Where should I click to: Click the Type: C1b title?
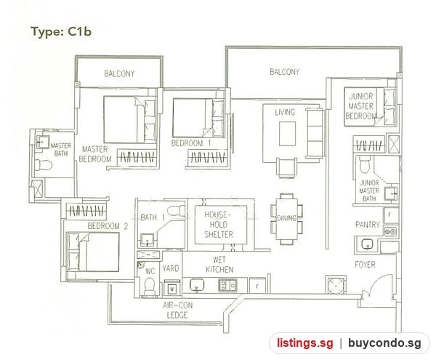pyautogui.click(x=61, y=31)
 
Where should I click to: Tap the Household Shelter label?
pyautogui.click(x=219, y=225)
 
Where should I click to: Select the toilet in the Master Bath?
pyautogui.click(x=44, y=164)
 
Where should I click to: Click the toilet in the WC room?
pyautogui.click(x=150, y=286)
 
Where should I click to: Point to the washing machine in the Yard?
pyautogui.click(x=171, y=288)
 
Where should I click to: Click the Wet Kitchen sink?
pyautogui.click(x=197, y=285)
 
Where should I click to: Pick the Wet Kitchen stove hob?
pyautogui.click(x=227, y=285)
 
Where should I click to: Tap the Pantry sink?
pyautogui.click(x=368, y=244)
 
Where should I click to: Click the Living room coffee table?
pyautogui.click(x=288, y=134)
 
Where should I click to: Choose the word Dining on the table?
pyautogui.click(x=286, y=218)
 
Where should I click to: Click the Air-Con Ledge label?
pyautogui.click(x=177, y=311)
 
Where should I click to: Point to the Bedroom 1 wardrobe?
pyautogui.click(x=208, y=157)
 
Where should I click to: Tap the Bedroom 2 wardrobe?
pyautogui.click(x=86, y=210)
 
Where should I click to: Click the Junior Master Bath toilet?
pyautogui.click(x=365, y=164)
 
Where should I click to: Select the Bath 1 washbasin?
pyautogui.click(x=147, y=240)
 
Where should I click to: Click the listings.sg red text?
pyautogui.click(x=304, y=343)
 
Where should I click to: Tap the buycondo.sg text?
pyautogui.click(x=384, y=343)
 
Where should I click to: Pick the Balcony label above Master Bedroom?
pyautogui.click(x=119, y=73)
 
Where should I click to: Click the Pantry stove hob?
pyautogui.click(x=390, y=231)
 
